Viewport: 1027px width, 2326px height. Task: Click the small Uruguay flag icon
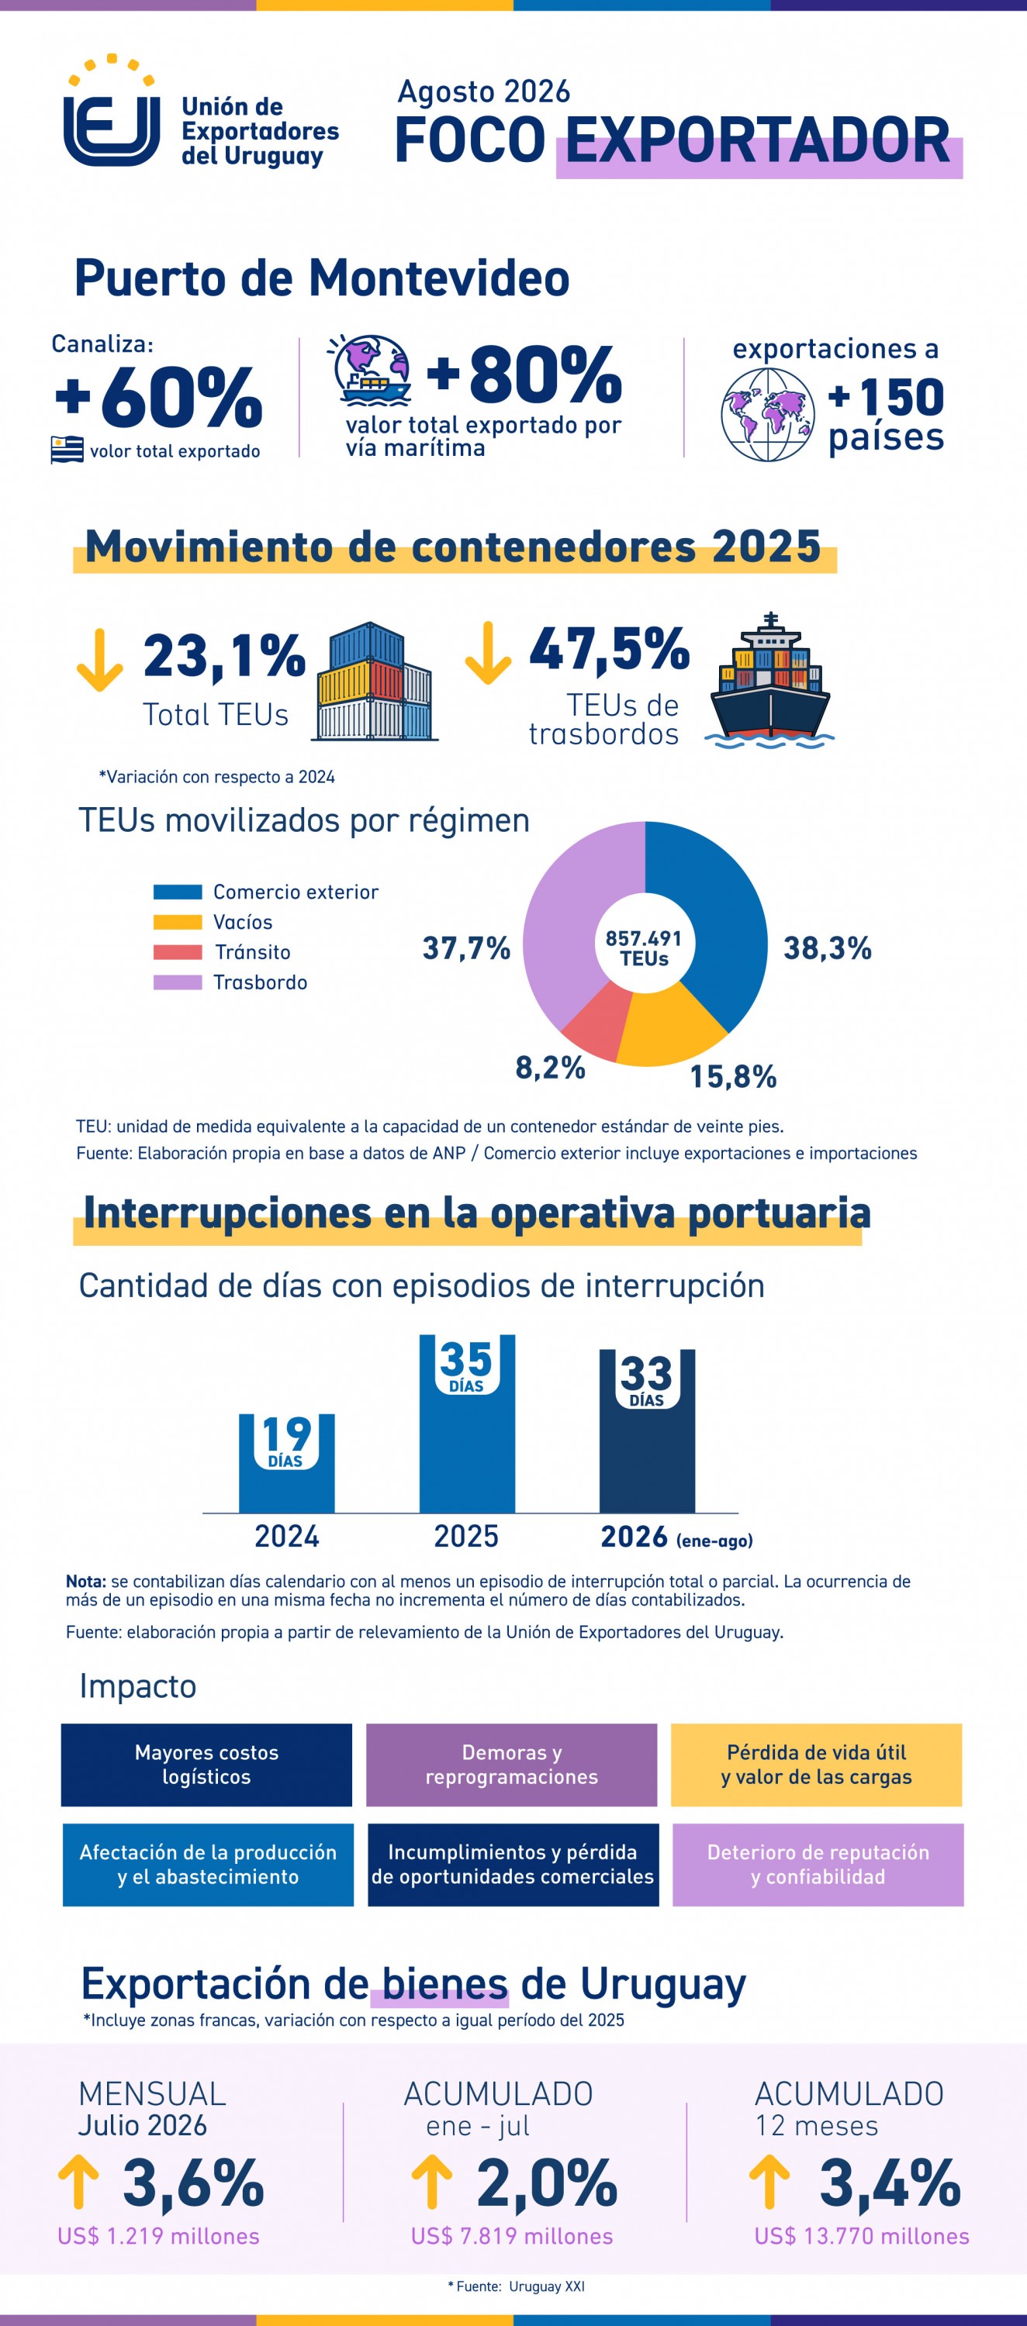click(x=67, y=450)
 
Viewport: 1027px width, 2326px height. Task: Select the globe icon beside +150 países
click(x=768, y=415)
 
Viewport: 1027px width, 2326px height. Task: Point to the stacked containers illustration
click(x=375, y=682)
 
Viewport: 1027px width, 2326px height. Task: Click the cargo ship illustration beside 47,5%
click(x=769, y=681)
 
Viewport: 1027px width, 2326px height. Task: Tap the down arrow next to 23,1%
click(x=99, y=660)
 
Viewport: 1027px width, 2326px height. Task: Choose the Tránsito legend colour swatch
click(x=177, y=951)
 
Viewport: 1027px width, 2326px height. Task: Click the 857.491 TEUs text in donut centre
click(x=644, y=948)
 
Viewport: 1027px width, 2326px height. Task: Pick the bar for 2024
click(x=286, y=1463)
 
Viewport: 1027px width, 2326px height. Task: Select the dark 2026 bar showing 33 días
click(x=647, y=1430)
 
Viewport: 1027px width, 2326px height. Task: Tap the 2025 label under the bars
click(x=466, y=1537)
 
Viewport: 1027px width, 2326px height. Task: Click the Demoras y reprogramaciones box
click(x=511, y=1765)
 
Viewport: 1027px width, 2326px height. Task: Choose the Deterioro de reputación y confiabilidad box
click(x=818, y=1865)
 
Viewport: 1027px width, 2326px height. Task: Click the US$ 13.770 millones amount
click(x=862, y=2236)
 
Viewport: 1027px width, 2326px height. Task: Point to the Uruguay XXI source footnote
click(x=517, y=2286)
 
